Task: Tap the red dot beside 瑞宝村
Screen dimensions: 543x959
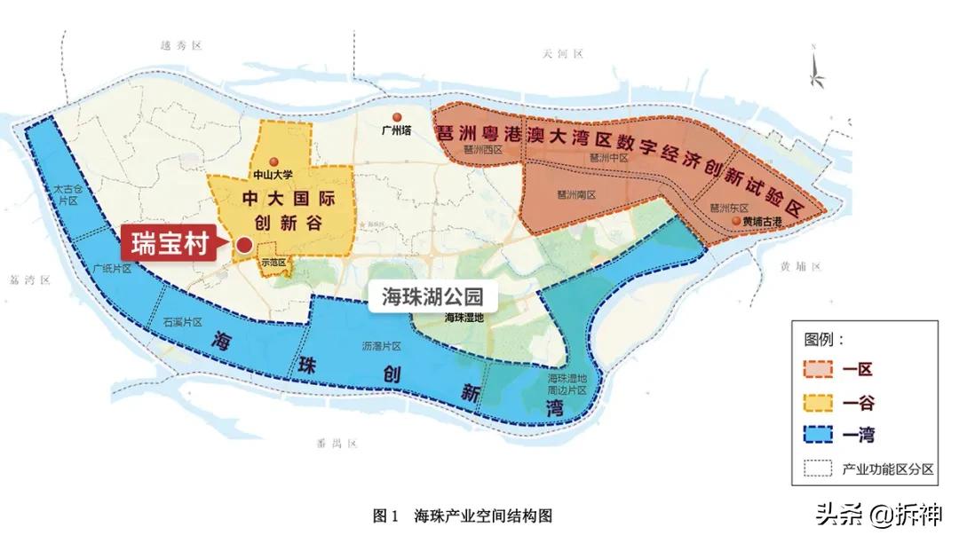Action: coord(242,245)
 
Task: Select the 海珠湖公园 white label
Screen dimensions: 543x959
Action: coord(432,297)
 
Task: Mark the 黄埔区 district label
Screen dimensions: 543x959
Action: coord(802,266)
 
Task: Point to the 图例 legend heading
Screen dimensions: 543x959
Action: coord(823,340)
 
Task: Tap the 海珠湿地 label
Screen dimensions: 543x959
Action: coord(464,318)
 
